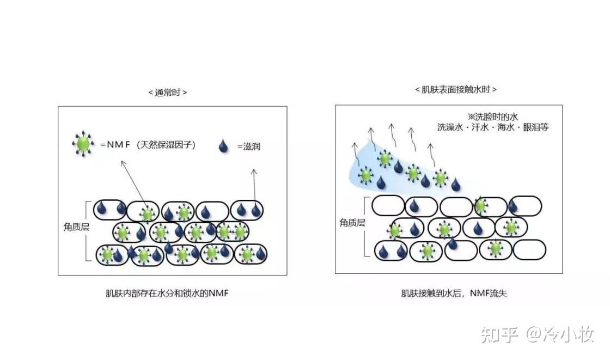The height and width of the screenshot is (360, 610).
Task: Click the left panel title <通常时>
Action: pos(168,93)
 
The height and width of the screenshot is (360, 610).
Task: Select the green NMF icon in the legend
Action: pos(83,144)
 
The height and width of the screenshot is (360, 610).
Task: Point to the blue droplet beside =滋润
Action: pos(222,145)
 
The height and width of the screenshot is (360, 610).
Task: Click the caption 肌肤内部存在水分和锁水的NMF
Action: pos(167,294)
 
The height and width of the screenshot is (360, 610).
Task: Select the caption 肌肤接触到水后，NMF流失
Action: pos(454,294)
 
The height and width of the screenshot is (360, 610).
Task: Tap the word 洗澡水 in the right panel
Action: pos(450,127)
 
